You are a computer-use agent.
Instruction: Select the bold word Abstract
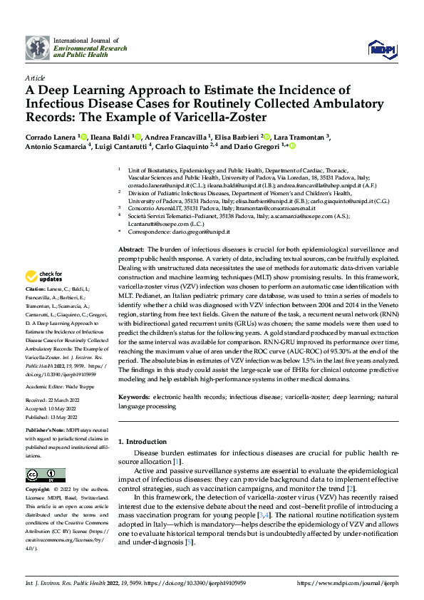point(130,249)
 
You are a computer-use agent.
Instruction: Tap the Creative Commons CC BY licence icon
point(41,475)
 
